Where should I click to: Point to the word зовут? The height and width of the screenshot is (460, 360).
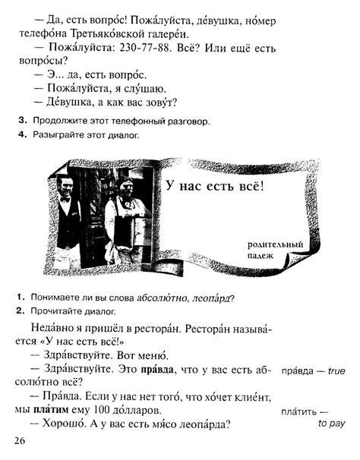coord(157,102)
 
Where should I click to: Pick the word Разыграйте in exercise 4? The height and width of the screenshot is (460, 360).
coord(52,136)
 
